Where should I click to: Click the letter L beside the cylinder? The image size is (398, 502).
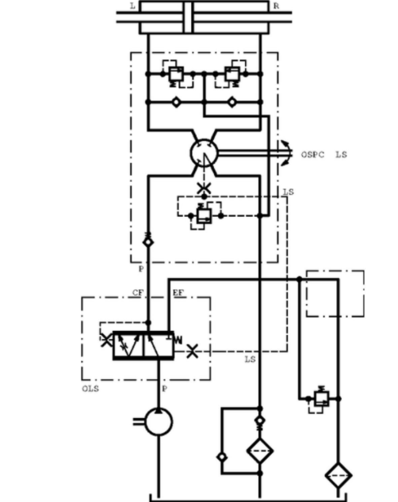(x=132, y=6)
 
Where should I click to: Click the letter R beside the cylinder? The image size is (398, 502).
(x=276, y=6)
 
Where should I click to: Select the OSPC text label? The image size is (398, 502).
(x=312, y=154)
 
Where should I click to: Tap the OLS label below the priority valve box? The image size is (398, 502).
(x=90, y=389)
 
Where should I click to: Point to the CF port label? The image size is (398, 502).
(x=138, y=293)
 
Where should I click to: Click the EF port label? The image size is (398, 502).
(x=178, y=293)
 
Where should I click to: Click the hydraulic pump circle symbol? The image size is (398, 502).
(x=159, y=422)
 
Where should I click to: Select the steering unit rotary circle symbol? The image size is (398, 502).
(x=204, y=153)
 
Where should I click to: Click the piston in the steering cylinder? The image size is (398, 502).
(x=189, y=17)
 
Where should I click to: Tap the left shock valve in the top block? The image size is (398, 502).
(x=176, y=74)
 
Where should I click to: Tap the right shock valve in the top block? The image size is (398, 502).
(x=232, y=74)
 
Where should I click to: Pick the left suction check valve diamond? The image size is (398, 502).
(x=176, y=102)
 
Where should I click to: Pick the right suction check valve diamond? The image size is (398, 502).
(x=232, y=102)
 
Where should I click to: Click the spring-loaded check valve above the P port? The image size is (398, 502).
(x=148, y=240)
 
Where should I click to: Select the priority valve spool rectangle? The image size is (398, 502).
(x=144, y=346)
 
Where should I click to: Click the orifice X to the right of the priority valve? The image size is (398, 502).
(x=193, y=352)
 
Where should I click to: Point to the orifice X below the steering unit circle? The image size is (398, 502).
(x=204, y=188)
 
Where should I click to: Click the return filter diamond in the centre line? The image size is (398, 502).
(x=260, y=451)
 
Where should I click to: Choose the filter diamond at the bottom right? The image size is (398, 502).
(x=339, y=475)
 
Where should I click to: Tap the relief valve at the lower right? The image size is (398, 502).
(x=321, y=398)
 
